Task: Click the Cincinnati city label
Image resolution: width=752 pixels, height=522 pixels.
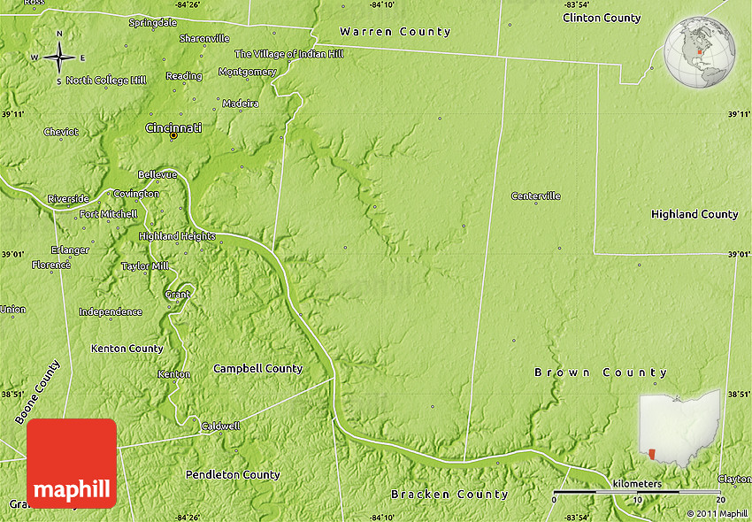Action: (x=173, y=128)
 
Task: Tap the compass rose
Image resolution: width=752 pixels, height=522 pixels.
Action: (x=59, y=58)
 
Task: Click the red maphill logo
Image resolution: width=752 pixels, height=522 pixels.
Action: (x=72, y=463)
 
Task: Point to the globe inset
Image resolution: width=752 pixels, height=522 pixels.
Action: (x=701, y=51)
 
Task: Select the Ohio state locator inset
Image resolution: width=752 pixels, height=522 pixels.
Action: (x=679, y=428)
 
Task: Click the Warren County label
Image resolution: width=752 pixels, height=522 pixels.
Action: (x=395, y=32)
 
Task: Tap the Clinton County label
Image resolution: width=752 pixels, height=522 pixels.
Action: (x=602, y=18)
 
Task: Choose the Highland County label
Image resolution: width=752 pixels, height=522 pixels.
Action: (x=694, y=214)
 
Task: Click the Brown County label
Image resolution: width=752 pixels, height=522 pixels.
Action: (x=601, y=372)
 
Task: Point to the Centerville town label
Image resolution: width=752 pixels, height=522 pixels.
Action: (x=536, y=196)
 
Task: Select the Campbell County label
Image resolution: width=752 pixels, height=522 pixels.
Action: (x=258, y=368)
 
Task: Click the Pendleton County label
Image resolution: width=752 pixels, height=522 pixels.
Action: (x=233, y=475)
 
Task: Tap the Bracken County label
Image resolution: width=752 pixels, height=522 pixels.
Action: (x=450, y=494)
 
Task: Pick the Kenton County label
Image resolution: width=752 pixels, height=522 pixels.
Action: (x=127, y=349)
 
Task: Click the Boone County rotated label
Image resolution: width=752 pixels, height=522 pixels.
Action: (x=38, y=391)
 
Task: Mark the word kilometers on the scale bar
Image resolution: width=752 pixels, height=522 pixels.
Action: (x=636, y=484)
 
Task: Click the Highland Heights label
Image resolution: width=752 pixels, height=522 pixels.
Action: (x=177, y=236)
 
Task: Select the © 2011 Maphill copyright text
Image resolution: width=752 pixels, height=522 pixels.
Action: (x=717, y=513)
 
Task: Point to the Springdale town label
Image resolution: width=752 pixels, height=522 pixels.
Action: (x=153, y=22)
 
